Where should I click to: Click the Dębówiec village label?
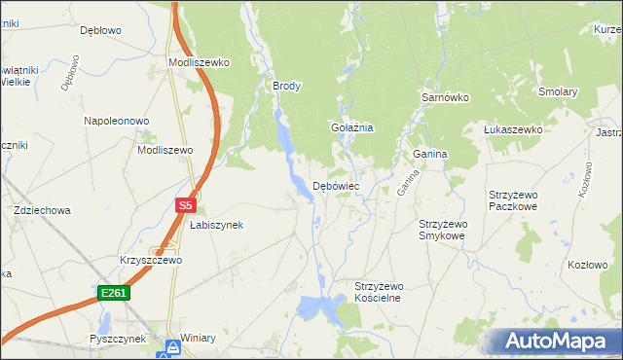336,185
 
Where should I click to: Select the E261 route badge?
113,292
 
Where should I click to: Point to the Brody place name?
287,86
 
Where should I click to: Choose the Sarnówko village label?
446,98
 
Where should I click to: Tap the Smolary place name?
559,92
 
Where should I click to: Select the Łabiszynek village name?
215,225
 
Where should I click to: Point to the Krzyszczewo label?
151,261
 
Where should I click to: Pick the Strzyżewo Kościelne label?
378,292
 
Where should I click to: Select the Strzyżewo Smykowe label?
443,230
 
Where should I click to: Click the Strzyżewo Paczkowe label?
513,200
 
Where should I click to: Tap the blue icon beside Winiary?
172,346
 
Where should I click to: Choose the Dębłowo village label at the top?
100,30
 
